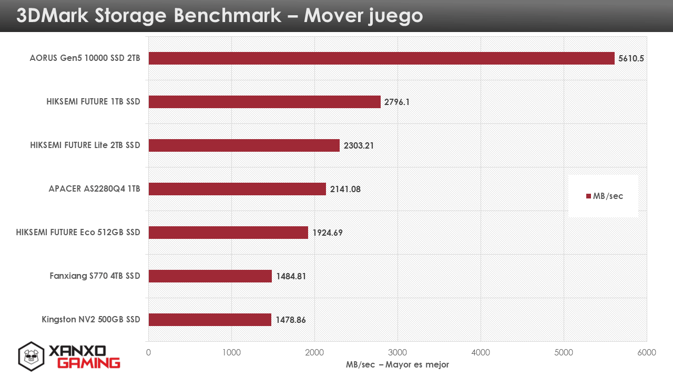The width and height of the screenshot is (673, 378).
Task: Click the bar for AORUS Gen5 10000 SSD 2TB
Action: pos(381,58)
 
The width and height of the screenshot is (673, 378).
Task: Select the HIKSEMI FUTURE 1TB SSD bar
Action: pos(264,102)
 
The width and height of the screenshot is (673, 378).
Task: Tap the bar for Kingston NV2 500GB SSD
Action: pos(210,320)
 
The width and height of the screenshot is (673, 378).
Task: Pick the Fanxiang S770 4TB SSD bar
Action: pos(210,276)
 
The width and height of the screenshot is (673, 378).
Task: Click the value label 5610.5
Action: pos(631,58)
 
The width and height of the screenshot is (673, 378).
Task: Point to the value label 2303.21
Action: pos(359,145)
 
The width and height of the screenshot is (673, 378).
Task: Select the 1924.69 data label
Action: pos(328,233)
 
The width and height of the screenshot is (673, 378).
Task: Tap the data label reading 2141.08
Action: pos(345,189)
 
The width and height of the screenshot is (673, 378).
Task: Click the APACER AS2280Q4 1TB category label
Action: pos(94,189)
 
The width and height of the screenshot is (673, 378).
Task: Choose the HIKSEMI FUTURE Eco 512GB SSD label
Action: pos(78,233)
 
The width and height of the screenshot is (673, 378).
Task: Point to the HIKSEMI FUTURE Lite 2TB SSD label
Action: pos(85,145)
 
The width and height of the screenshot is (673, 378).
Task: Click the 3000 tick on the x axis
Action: pos(397,353)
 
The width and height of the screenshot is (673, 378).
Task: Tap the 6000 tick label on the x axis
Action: pos(647,353)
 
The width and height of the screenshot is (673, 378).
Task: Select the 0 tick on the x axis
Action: pos(149,353)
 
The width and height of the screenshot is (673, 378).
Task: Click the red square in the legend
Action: pos(589,196)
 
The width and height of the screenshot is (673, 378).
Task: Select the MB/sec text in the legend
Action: pos(608,196)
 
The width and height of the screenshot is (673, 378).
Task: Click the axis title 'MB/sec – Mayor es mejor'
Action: pos(397,364)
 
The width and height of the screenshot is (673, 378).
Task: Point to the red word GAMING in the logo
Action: pos(88,363)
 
